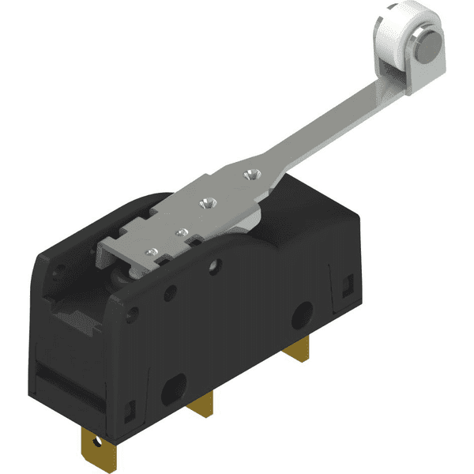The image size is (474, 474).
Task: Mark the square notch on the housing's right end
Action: pyautogui.click(x=344, y=281)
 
